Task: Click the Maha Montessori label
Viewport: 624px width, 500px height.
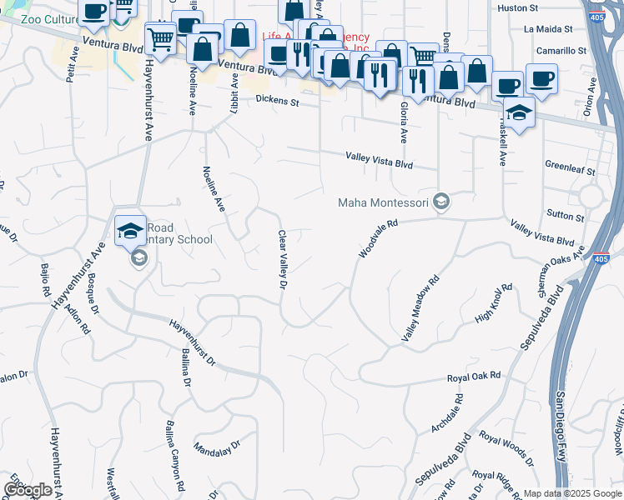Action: (x=383, y=202)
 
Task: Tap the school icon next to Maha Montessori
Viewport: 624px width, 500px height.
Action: (x=442, y=202)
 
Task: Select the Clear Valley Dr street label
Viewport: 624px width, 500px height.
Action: (x=282, y=261)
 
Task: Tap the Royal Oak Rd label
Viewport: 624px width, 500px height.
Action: (x=473, y=377)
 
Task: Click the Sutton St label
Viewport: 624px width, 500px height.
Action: (x=566, y=217)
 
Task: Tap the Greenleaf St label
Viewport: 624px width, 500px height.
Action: (x=569, y=169)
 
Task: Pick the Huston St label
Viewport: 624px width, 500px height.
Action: (x=517, y=7)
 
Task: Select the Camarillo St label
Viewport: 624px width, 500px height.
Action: (x=561, y=51)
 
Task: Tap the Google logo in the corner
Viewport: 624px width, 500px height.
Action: (x=27, y=490)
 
